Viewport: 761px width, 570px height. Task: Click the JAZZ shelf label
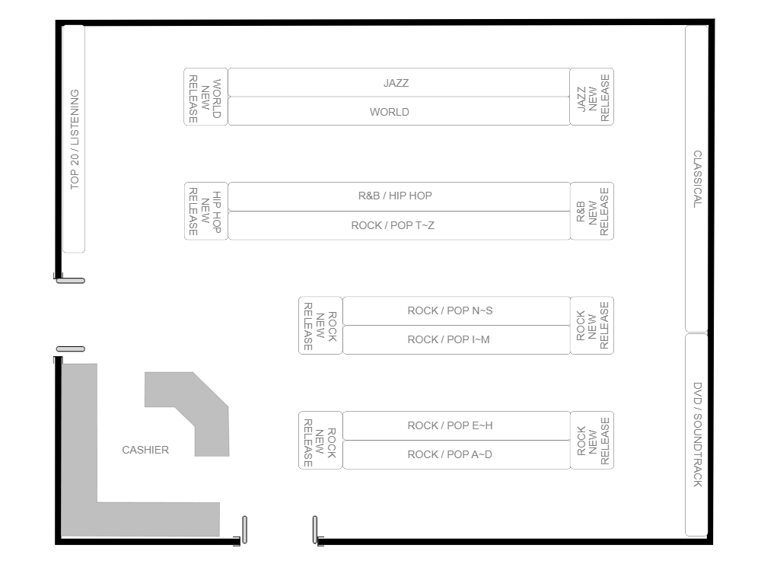[x=396, y=83]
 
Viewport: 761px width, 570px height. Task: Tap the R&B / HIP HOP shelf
[x=395, y=196]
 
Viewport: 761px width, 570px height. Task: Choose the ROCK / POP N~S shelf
[x=450, y=310]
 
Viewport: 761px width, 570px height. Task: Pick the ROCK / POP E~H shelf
[x=450, y=425]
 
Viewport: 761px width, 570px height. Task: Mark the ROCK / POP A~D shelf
[x=450, y=454]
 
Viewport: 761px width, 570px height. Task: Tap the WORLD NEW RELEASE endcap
[x=205, y=97]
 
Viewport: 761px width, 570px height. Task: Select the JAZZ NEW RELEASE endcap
[x=592, y=97]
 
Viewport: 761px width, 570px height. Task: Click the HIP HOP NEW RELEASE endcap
[x=205, y=212]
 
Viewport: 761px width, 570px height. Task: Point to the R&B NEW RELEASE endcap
[x=592, y=212]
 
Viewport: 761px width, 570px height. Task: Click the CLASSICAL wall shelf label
[x=697, y=179]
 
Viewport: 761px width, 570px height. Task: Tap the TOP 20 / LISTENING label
[x=74, y=139]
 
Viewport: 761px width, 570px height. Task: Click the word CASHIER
[x=145, y=450]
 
